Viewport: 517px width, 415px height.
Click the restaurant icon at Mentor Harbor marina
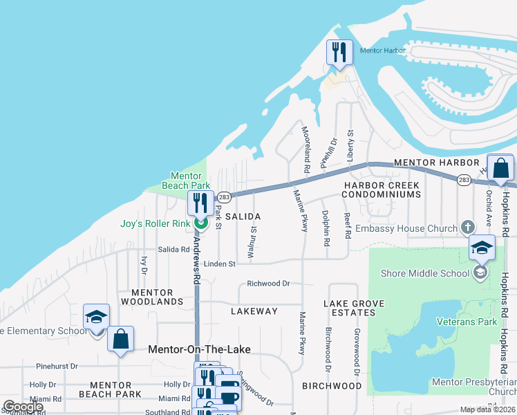pos(339,53)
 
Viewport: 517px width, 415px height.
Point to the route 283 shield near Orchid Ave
pos(463,180)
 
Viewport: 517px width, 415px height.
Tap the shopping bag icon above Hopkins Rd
pos(500,168)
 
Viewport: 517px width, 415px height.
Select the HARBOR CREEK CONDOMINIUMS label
pos(383,190)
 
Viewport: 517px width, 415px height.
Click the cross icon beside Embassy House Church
pos(467,228)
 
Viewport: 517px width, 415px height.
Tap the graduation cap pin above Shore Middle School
pos(482,248)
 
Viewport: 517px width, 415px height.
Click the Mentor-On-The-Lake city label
pos(200,349)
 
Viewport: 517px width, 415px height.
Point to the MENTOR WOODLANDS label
pos(152,297)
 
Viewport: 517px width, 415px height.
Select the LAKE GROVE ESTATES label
pos(350,308)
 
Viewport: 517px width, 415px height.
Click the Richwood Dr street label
pos(268,284)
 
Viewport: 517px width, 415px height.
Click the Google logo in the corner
pos(23,406)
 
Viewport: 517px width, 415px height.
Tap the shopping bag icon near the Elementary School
pos(120,340)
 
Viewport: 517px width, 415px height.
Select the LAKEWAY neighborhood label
pos(254,311)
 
